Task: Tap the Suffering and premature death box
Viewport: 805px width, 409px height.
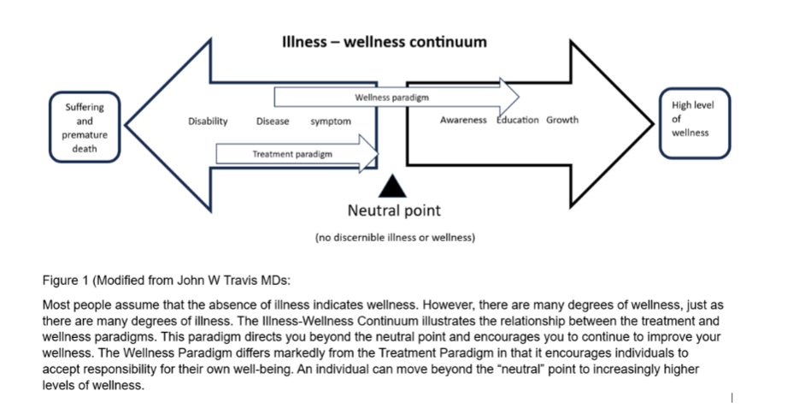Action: (x=85, y=127)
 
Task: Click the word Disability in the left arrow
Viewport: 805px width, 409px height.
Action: (x=208, y=122)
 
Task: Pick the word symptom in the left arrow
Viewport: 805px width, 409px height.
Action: (x=331, y=122)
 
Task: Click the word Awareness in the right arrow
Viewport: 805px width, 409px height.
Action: (x=463, y=120)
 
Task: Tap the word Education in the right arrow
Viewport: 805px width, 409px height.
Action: (x=518, y=120)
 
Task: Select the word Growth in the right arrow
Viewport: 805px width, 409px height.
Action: (x=562, y=120)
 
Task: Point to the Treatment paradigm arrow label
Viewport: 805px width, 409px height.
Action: (x=292, y=154)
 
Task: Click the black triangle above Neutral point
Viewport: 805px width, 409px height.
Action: (x=393, y=186)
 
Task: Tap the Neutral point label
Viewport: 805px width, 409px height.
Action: (x=394, y=210)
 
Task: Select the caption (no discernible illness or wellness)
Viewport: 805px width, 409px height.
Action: (x=395, y=237)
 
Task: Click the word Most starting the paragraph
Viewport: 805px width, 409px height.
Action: (x=55, y=305)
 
